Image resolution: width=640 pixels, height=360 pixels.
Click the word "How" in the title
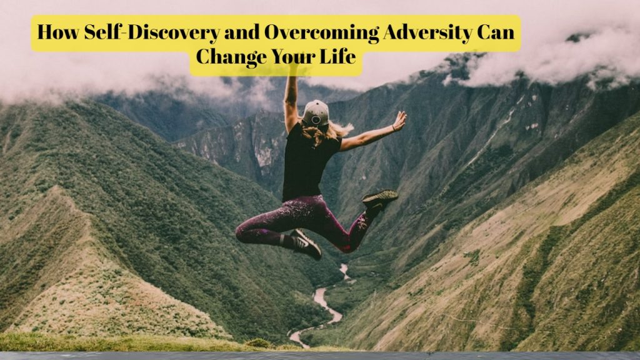click(52, 32)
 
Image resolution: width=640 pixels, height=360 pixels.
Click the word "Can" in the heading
click(497, 32)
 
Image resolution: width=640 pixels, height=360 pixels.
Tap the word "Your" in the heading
click(296, 56)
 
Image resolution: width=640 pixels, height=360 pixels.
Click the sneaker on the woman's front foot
click(307, 244)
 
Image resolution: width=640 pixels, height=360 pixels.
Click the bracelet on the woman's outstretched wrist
click(392, 128)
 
